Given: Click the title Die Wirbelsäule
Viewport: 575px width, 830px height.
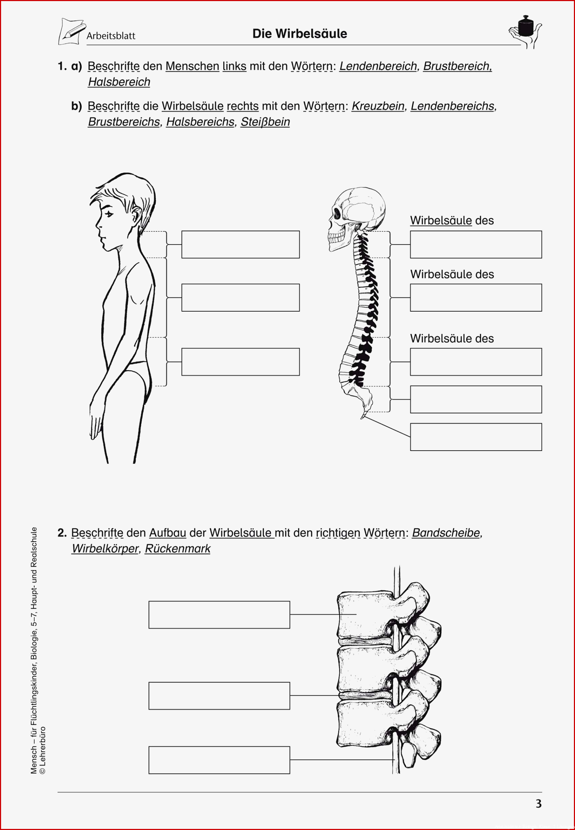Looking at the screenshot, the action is [x=299, y=34].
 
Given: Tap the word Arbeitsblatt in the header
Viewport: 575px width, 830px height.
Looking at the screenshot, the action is [x=111, y=36].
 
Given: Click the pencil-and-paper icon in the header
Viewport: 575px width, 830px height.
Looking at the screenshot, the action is [x=72, y=32].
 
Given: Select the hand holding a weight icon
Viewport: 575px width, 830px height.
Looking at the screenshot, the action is [x=525, y=32].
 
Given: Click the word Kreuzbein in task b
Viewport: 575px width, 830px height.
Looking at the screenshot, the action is [x=378, y=106].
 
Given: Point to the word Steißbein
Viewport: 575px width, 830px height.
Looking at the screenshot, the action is [x=265, y=122].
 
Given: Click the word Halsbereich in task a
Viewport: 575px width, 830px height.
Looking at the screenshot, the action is [x=119, y=82].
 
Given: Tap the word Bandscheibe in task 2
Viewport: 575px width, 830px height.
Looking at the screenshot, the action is [x=446, y=533].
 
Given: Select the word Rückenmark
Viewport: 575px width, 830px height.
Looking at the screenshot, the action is [x=178, y=548].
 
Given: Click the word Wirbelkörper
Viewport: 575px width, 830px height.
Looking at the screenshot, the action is [x=105, y=549].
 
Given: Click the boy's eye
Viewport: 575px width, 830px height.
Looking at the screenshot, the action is [x=109, y=214].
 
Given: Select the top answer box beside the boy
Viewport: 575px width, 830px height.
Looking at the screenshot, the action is [x=240, y=245].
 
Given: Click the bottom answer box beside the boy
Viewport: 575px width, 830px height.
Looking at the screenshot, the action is [x=240, y=362].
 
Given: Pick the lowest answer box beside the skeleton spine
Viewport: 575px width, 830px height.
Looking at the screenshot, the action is [x=476, y=437].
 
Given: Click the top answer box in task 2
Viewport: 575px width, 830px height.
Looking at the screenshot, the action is [x=219, y=615].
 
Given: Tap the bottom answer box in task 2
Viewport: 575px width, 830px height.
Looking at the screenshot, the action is [x=219, y=760].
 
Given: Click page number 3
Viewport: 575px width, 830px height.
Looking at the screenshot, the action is [x=539, y=804].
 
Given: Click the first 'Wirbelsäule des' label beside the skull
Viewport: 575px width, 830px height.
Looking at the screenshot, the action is [x=452, y=220].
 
